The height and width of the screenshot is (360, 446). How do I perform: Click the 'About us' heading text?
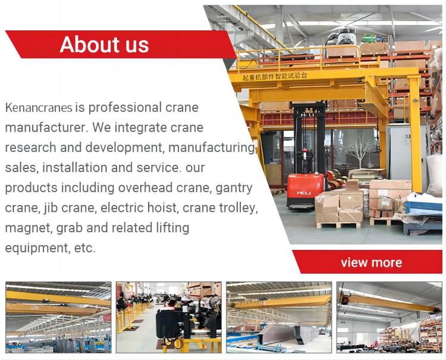(x=104, y=45)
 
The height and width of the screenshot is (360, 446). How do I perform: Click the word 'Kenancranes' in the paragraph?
(x=39, y=108)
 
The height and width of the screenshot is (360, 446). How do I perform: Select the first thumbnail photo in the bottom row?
(x=58, y=317)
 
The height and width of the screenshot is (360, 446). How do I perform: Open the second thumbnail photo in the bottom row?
(x=168, y=317)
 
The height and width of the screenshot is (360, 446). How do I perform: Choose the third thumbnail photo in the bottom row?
(x=279, y=317)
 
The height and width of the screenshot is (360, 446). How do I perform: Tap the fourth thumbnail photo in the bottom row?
(x=390, y=317)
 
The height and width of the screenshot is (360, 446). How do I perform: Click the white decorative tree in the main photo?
(x=359, y=145)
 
